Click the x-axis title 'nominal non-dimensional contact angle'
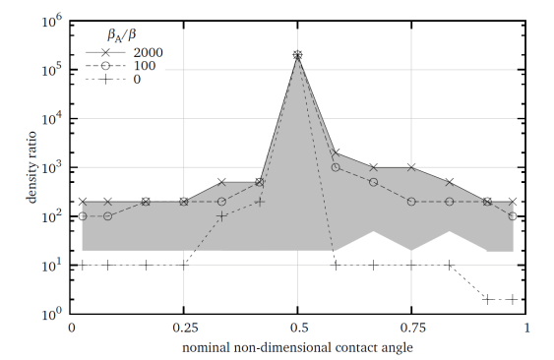tap(297, 349)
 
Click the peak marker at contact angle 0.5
tap(297, 56)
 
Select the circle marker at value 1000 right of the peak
tap(336, 167)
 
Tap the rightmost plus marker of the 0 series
tap(512, 299)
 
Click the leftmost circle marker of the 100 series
tap(84, 215)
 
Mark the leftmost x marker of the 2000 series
tap(84, 201)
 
